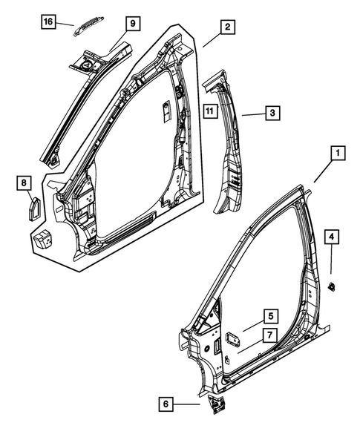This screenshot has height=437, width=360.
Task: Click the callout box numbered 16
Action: pyautogui.click(x=48, y=22)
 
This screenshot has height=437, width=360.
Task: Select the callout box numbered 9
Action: pyautogui.click(x=132, y=24)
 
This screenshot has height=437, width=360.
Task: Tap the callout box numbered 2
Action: pyautogui.click(x=228, y=28)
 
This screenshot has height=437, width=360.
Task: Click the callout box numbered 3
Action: pyautogui.click(x=272, y=113)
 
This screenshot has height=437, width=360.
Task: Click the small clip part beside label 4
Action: pyautogui.click(x=332, y=285)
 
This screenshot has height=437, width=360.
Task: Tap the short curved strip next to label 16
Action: pyautogui.click(x=84, y=27)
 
